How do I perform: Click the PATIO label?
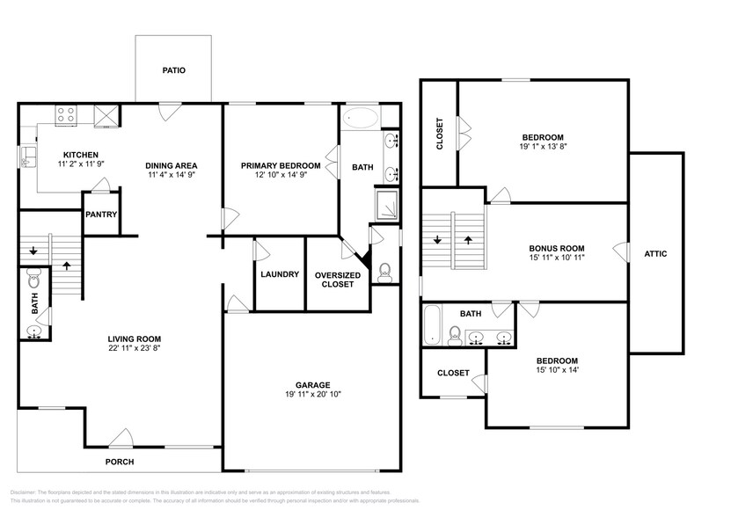click(x=173, y=69)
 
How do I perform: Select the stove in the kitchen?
click(x=66, y=113)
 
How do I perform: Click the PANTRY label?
click(x=101, y=214)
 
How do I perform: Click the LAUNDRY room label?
click(x=280, y=273)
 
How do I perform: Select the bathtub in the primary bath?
click(x=361, y=119)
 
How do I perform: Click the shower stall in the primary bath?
click(x=388, y=206)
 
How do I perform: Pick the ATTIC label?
click(x=656, y=254)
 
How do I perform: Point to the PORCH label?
click(x=120, y=461)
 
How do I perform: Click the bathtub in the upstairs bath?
click(x=432, y=325)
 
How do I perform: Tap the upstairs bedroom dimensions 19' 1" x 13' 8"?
click(x=543, y=149)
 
